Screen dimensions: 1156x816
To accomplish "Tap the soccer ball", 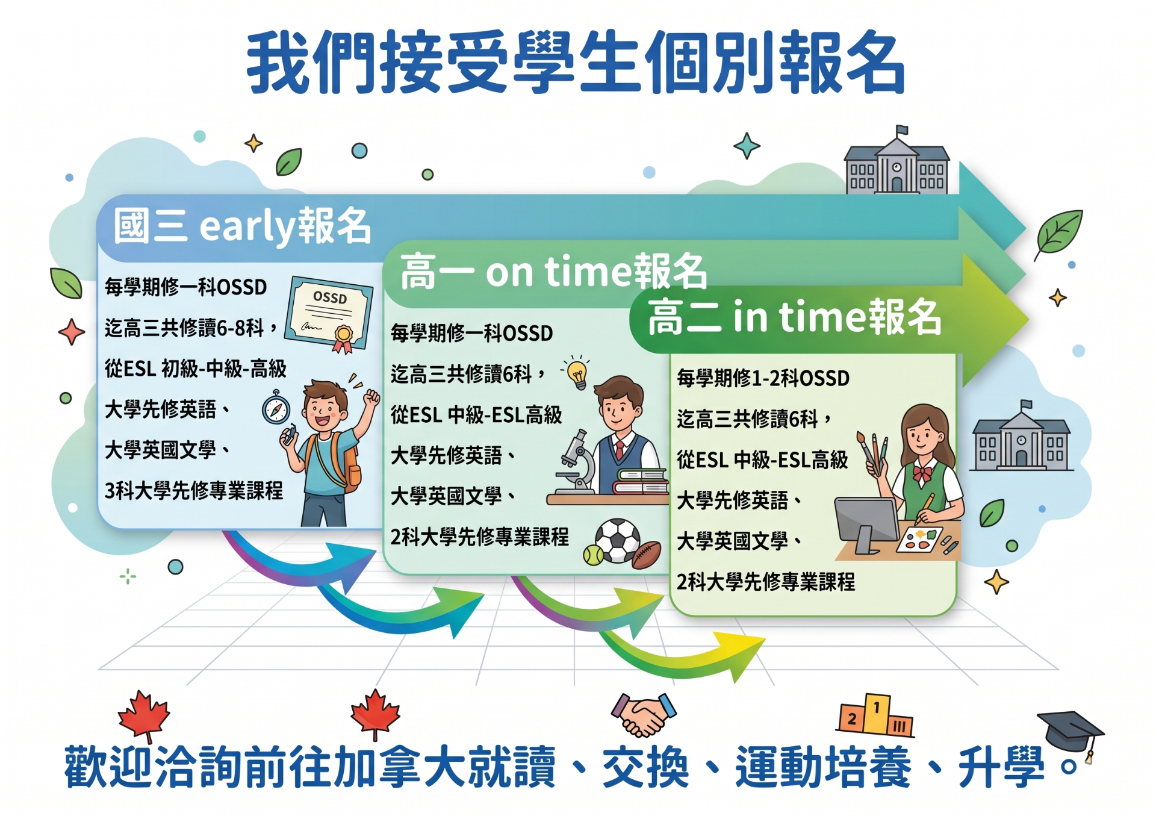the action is point(618,540).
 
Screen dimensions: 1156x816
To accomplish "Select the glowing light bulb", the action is point(577,372).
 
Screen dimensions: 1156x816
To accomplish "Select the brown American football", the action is point(647,555).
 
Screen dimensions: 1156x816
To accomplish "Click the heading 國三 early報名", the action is point(242,226).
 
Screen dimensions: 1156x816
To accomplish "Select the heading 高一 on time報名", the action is point(554,272).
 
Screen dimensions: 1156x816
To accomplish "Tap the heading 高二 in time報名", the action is point(795,317).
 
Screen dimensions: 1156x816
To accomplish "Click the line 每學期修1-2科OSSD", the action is point(763,378).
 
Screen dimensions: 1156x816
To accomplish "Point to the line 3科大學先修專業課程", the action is point(194,491).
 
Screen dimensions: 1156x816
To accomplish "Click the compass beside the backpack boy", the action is point(276,409).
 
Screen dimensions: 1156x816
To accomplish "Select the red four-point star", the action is point(72,332).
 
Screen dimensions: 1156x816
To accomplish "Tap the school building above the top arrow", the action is point(897,161).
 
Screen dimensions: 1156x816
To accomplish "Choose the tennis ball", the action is point(594,555).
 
